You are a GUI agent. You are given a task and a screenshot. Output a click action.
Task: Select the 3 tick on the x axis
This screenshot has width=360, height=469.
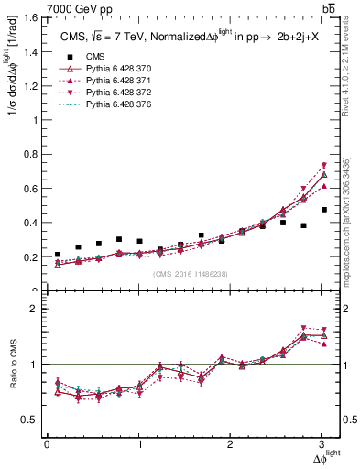point(323,444)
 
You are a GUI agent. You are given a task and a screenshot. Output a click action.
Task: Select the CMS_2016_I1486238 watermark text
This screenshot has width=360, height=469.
point(191,274)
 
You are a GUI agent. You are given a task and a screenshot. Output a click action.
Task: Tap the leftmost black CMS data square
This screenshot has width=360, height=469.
point(58,255)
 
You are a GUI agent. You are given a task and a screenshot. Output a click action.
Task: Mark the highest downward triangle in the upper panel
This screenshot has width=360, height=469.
point(323,165)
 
